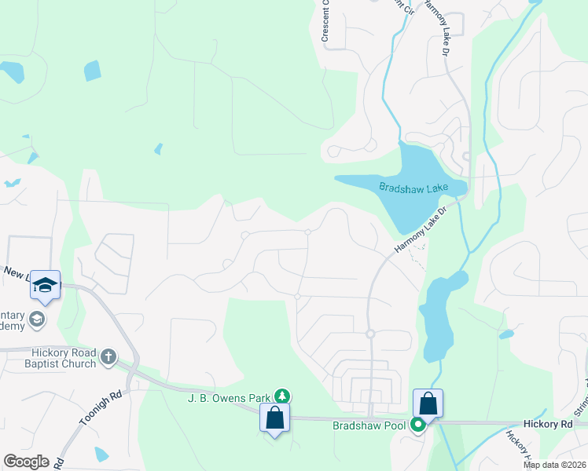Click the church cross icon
pyautogui.click(x=108, y=357)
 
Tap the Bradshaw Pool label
pyautogui.click(x=368, y=425)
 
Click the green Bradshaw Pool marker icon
pyautogui.click(x=419, y=425)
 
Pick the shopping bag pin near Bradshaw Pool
pyautogui.click(x=428, y=404)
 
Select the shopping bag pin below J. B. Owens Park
pyautogui.click(x=275, y=417)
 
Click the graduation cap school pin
pyautogui.click(x=45, y=287)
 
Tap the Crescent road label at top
pyautogui.click(x=325, y=22)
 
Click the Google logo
pyautogui.click(x=26, y=462)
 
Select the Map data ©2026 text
pyautogui.click(x=554, y=465)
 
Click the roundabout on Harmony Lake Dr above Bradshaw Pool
pyautogui.click(x=370, y=334)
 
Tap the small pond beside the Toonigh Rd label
pyautogui.click(x=101, y=454)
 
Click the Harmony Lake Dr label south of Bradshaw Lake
pyautogui.click(x=421, y=229)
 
